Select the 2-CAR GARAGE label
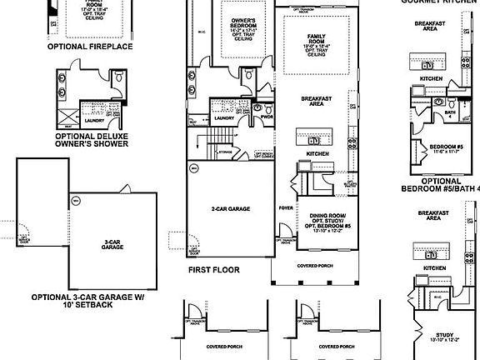[231, 209]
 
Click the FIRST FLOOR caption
[214, 270]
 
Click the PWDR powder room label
[267, 117]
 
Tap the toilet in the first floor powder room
[258, 107]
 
